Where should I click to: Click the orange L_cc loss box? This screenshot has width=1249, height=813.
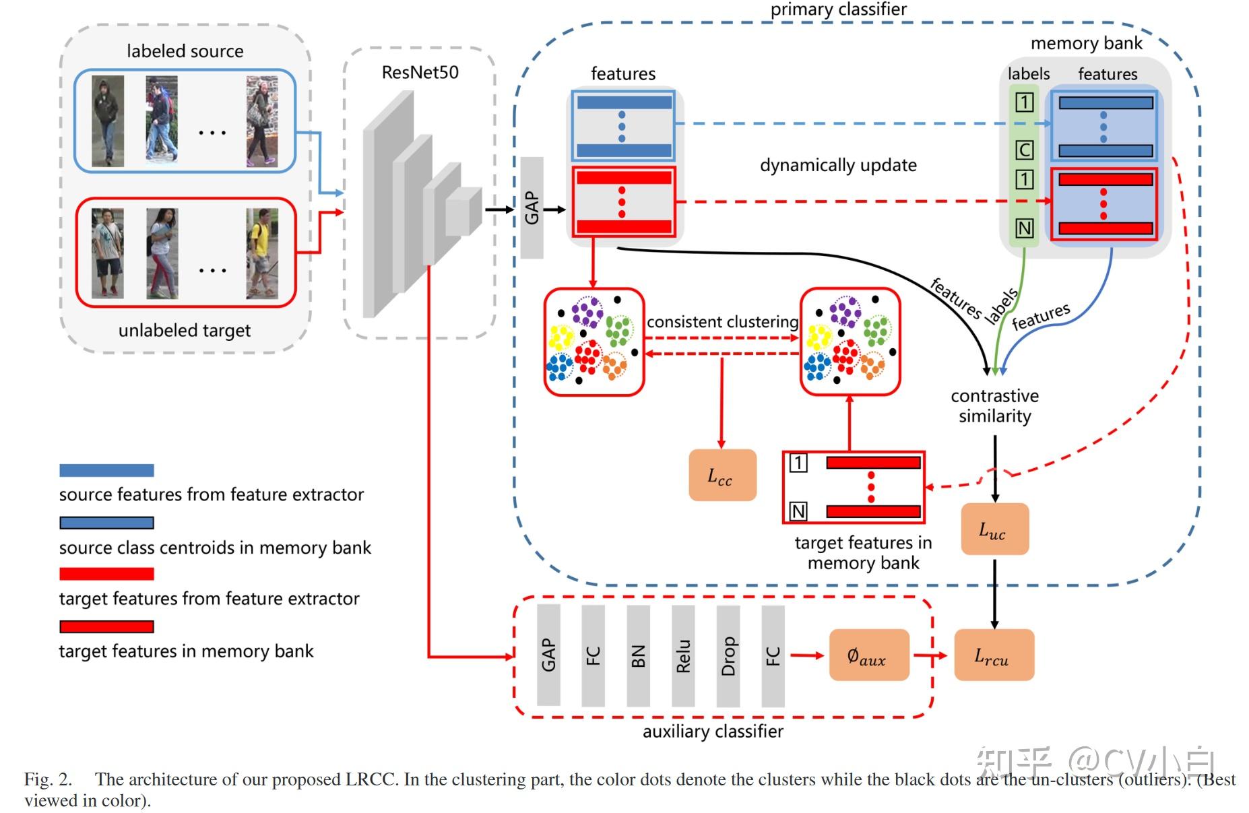click(722, 475)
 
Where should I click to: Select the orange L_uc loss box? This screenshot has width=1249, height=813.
click(994, 529)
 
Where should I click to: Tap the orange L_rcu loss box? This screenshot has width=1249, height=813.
click(994, 655)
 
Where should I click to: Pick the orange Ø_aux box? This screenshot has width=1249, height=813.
click(868, 655)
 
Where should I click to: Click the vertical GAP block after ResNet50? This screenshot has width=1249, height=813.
click(532, 207)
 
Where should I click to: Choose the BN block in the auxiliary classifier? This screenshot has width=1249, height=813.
click(638, 655)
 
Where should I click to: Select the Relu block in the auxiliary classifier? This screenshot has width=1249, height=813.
click(683, 655)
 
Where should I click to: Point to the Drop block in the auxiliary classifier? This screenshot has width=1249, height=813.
click(728, 655)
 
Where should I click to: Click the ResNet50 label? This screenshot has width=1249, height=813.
click(420, 72)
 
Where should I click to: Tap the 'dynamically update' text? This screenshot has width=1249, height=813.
click(838, 165)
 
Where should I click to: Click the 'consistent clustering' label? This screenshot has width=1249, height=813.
click(722, 322)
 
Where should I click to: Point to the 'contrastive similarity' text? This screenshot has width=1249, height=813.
click(994, 405)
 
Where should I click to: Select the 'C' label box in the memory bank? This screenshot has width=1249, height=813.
click(1024, 150)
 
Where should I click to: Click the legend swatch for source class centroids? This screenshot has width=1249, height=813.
click(106, 523)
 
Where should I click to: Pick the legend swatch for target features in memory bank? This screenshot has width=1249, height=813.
click(106, 626)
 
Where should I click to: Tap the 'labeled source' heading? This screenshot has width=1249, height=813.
click(185, 51)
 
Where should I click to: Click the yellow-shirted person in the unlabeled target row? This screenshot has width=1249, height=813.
click(262, 253)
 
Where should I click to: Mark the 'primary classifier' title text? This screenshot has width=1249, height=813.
click(838, 9)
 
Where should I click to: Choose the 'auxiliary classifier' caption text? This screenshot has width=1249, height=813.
click(713, 731)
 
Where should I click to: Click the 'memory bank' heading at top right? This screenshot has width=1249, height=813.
click(1086, 43)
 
